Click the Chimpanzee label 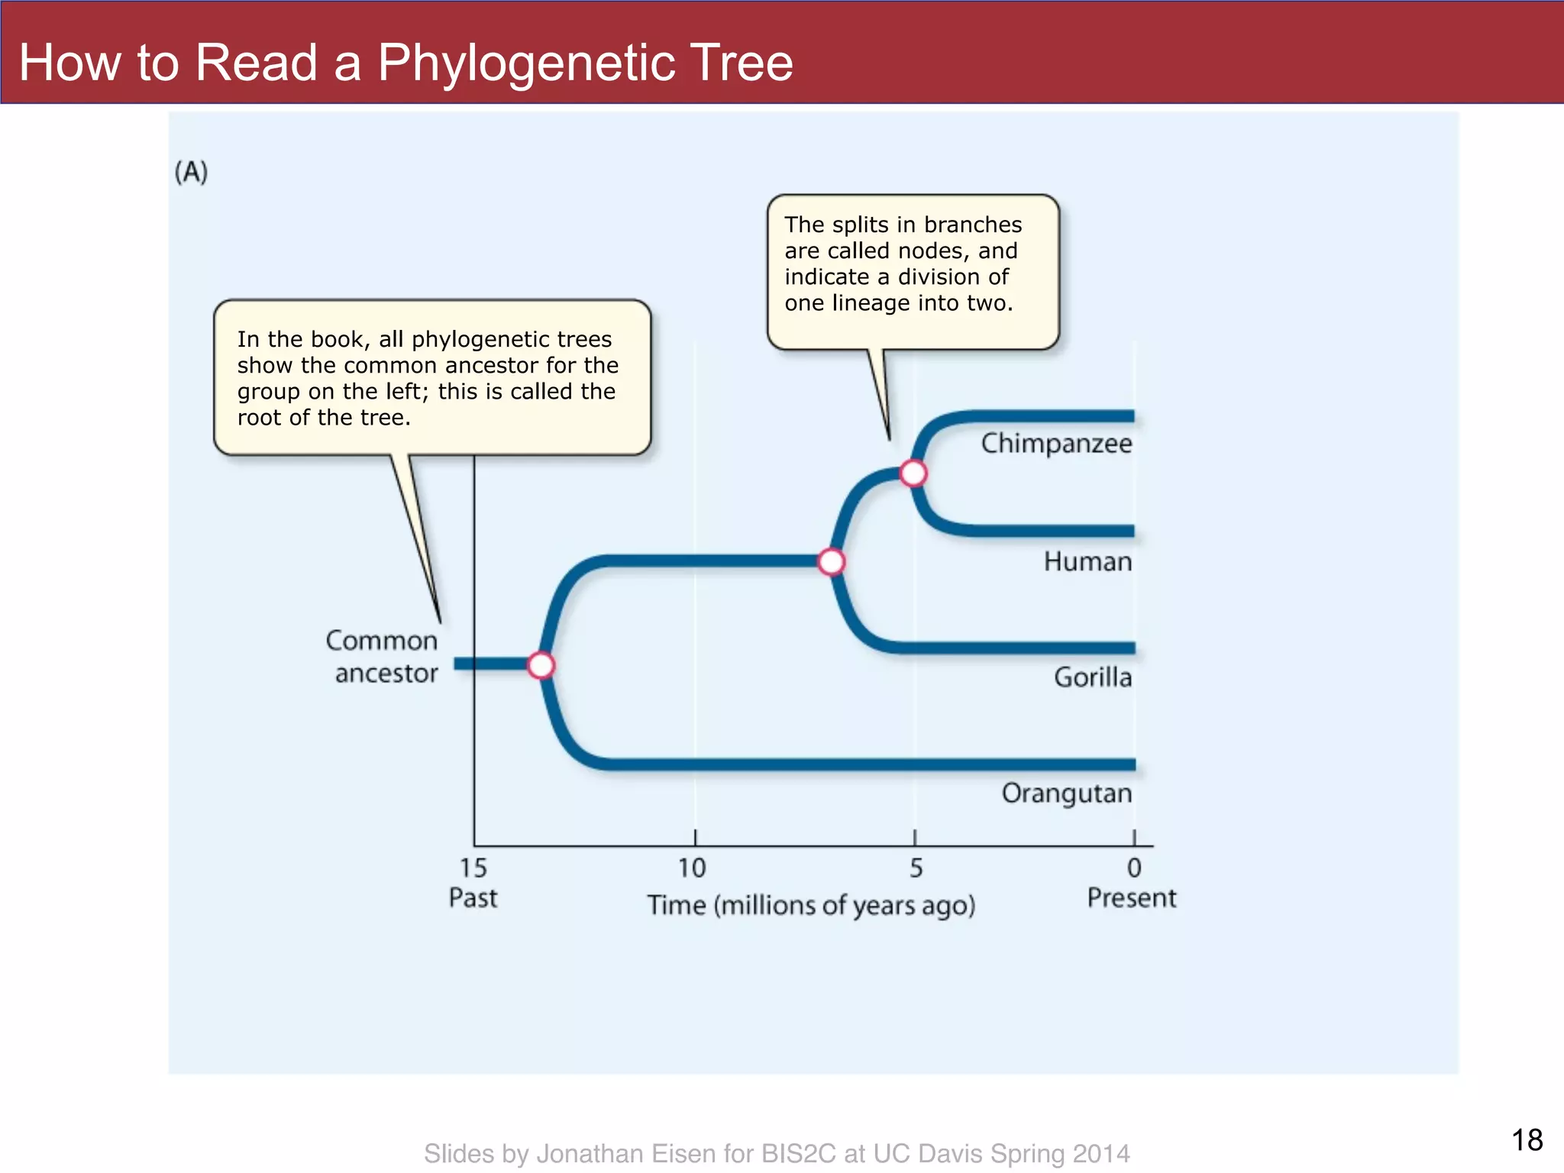point(1056,444)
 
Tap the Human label point(1087,562)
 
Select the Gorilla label point(1092,677)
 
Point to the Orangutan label point(1066,793)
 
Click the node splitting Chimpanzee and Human point(913,473)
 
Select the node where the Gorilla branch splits point(832,562)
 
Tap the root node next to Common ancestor point(541,665)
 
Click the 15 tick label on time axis point(473,868)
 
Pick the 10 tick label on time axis point(692,868)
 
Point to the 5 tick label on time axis point(916,868)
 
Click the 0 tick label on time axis point(1134,868)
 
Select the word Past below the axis point(473,898)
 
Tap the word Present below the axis point(1132,898)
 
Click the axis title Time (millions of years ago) point(811,906)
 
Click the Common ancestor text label point(383,657)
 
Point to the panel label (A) point(191,172)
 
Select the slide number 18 point(1527,1140)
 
